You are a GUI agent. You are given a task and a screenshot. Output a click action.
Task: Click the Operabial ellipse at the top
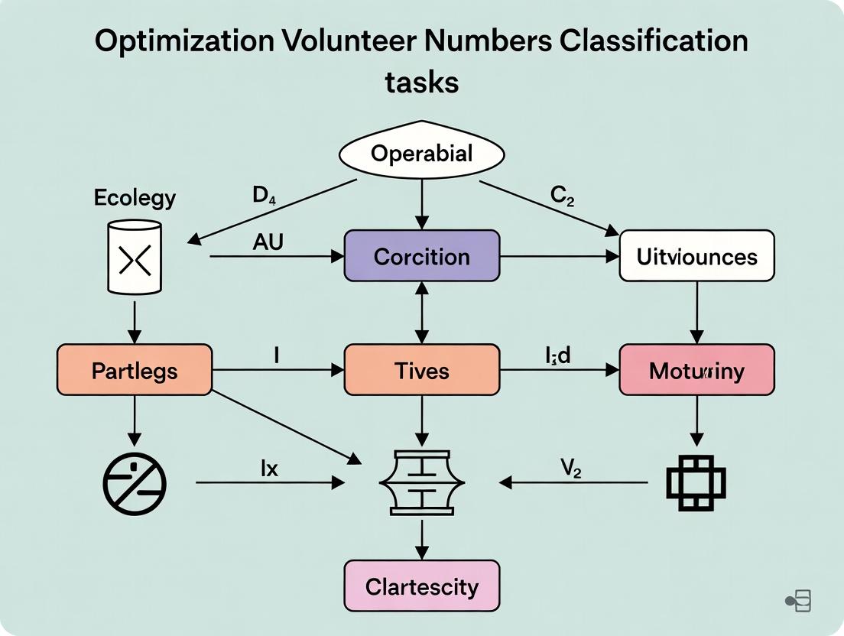pyautogui.click(x=421, y=154)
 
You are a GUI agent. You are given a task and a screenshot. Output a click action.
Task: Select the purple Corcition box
pyautogui.click(x=421, y=256)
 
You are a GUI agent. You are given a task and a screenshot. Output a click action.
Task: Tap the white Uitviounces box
pyautogui.click(x=696, y=256)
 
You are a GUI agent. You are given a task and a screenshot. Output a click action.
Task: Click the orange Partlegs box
pyautogui.click(x=135, y=371)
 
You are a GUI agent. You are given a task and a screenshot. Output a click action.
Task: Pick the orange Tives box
pyautogui.click(x=421, y=371)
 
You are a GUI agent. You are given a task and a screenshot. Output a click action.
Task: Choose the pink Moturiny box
pyautogui.click(x=696, y=371)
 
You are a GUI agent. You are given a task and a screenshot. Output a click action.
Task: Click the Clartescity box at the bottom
pyautogui.click(x=421, y=586)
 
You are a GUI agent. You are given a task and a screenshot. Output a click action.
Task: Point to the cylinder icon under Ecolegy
pyautogui.click(x=135, y=258)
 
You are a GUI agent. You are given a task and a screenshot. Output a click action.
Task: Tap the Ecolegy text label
pyautogui.click(x=135, y=198)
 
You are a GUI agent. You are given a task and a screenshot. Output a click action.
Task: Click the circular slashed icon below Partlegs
pyautogui.click(x=135, y=482)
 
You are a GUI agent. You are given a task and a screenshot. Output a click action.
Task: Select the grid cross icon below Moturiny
pyautogui.click(x=696, y=483)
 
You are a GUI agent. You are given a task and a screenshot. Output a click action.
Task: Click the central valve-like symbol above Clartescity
pyautogui.click(x=421, y=482)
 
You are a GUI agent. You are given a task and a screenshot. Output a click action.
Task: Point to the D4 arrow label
pyautogui.click(x=264, y=196)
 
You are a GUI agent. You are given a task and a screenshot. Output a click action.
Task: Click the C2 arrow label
pyautogui.click(x=562, y=196)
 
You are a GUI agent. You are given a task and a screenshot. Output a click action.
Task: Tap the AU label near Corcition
pyautogui.click(x=268, y=242)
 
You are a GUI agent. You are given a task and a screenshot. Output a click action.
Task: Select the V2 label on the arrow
pyautogui.click(x=570, y=468)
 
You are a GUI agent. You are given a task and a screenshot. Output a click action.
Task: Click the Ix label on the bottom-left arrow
pyautogui.click(x=269, y=468)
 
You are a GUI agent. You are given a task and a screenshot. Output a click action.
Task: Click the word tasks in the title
pyautogui.click(x=421, y=81)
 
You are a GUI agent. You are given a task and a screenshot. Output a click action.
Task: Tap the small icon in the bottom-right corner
pyautogui.click(x=799, y=601)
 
